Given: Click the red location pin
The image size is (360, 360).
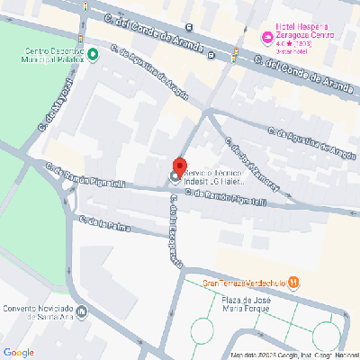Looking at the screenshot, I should click(x=179, y=167).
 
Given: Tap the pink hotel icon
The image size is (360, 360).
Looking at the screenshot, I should click(x=265, y=37).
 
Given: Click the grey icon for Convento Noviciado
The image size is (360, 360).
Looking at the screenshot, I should click(x=82, y=311).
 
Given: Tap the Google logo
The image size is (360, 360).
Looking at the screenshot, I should click(x=19, y=351).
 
